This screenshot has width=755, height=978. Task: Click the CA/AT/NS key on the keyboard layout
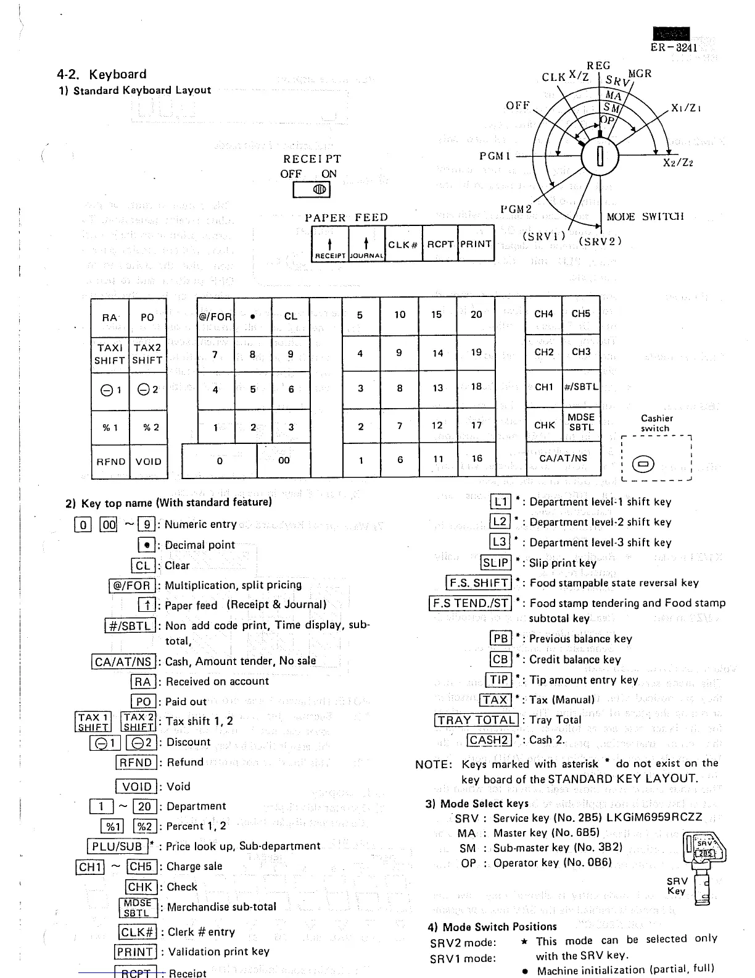(x=563, y=458)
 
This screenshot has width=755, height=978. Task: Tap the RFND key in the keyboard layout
(x=110, y=461)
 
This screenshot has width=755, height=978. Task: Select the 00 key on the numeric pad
(x=284, y=460)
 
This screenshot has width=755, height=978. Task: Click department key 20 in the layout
(x=476, y=314)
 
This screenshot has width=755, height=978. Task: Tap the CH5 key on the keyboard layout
(x=581, y=314)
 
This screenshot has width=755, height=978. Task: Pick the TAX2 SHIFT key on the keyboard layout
(x=147, y=354)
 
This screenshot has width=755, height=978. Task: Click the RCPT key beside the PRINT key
(x=440, y=244)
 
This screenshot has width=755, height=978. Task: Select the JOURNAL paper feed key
(x=367, y=244)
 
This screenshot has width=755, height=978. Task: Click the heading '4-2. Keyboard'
(x=102, y=74)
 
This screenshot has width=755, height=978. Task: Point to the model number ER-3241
(x=674, y=48)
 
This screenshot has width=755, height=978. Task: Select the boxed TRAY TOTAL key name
(x=476, y=720)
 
